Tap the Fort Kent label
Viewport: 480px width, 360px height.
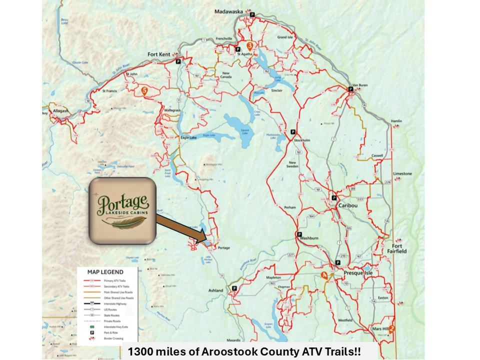[x=159, y=54]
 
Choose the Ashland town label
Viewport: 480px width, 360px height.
[x=216, y=290]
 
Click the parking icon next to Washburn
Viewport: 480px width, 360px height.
[x=299, y=234]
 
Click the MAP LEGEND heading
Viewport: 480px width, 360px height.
[x=105, y=272]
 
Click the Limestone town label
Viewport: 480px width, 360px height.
[x=402, y=173]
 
